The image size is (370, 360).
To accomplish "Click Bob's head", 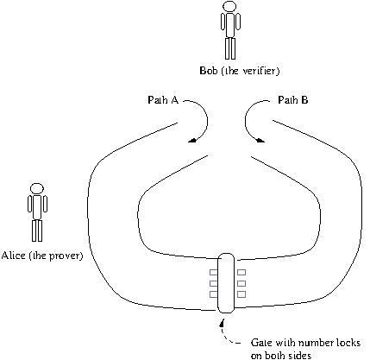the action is [230, 6].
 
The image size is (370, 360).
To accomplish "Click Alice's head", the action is [37, 189].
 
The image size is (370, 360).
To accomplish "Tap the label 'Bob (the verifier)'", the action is [240, 71].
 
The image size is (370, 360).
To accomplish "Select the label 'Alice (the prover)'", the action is [42, 256].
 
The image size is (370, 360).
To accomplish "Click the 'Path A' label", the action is [163, 100].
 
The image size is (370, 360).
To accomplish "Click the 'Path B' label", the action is [293, 100].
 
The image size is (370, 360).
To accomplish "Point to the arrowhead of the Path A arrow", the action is [192, 140].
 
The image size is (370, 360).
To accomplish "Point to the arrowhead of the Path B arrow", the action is [260, 140].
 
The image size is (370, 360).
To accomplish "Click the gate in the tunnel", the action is [226, 283].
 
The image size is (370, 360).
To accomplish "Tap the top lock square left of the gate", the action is [213, 272].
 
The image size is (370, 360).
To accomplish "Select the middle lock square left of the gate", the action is [213, 283].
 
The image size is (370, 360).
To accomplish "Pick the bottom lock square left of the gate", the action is [213, 294].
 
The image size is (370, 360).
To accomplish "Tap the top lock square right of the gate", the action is [241, 272].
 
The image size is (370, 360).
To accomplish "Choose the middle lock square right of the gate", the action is [241, 283].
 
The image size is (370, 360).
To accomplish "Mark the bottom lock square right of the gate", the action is [241, 294].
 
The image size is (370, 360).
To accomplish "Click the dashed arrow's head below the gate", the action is [222, 323].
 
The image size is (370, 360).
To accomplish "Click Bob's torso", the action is [230, 25].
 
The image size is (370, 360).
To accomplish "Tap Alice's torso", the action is [37, 207].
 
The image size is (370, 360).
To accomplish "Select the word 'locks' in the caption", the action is [348, 343].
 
